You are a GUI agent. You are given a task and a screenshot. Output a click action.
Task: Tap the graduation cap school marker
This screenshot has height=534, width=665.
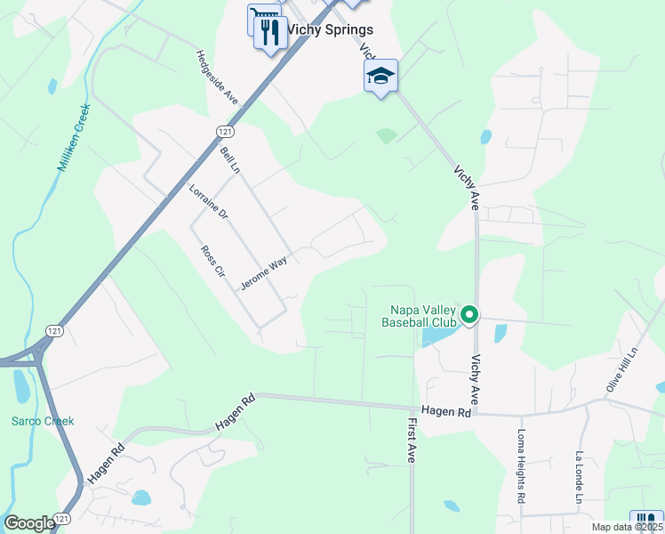coord(381,77)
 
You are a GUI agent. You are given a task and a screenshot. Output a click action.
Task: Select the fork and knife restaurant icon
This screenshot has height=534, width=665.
coord(270,33)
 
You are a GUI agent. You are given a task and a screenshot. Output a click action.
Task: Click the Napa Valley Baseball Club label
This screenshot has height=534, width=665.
coord(419,316)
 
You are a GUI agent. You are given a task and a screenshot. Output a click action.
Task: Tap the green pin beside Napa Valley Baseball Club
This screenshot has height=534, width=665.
coord(470,314)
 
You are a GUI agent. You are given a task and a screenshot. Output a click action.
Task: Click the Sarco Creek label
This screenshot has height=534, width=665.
coord(43,421)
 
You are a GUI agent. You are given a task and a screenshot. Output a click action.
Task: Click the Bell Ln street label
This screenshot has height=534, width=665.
coord(231,161)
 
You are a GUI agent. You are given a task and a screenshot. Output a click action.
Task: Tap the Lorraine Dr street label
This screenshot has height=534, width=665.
coord(209,202)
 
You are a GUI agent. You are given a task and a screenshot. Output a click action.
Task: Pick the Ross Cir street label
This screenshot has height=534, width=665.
coord(213,263)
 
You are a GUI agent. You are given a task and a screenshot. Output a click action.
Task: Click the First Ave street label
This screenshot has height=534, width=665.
coord(413,441)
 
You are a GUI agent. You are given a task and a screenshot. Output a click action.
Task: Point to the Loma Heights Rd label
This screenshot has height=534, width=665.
coord(522,468)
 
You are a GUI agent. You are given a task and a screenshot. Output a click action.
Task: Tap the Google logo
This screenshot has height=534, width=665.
coord(29,523)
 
